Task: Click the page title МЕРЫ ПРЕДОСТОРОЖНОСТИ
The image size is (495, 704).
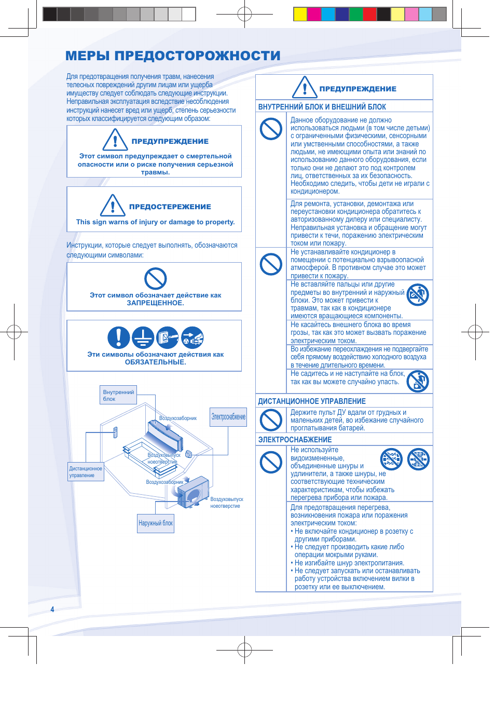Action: click(173, 56)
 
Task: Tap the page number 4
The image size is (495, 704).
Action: click(52, 609)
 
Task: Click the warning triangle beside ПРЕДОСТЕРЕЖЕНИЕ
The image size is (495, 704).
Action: click(113, 205)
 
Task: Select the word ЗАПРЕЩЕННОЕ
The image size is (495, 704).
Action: click(155, 303)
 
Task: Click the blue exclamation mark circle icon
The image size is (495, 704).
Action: click(118, 337)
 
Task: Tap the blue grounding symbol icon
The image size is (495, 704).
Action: click(143, 337)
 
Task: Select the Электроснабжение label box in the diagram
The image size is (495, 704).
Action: click(228, 417)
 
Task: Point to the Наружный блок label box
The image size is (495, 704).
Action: click(156, 523)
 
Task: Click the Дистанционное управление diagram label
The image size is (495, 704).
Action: click(86, 471)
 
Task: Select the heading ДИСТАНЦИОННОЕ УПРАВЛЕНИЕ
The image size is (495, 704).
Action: click(312, 401)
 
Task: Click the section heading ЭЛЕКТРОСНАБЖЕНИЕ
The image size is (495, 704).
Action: click(295, 440)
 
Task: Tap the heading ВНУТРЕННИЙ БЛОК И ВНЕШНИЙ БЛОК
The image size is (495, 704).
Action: click(322, 107)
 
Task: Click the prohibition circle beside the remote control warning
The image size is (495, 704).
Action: click(271, 419)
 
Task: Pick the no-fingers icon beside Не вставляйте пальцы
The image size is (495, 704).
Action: click(418, 294)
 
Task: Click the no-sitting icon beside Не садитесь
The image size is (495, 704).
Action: click(418, 381)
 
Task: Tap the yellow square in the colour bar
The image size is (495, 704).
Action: click(300, 14)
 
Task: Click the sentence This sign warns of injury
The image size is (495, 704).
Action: click(155, 222)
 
